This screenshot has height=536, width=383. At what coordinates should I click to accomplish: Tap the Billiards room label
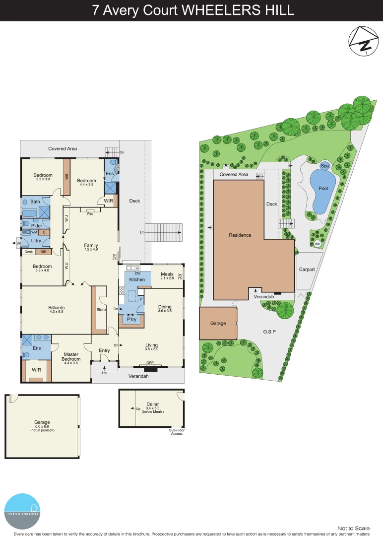tap(57, 308)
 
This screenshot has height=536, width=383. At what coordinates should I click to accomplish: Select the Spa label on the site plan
tap(325, 166)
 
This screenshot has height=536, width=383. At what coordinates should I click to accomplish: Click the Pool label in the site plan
tap(323, 189)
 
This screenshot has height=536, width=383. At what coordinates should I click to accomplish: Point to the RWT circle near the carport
tap(317, 243)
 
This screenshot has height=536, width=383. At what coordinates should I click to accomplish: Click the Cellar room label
tap(152, 404)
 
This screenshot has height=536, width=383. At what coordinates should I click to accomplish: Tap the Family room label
tap(91, 245)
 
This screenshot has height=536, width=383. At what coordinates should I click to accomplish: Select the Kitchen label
tap(137, 279)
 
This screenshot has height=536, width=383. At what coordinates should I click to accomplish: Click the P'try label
tap(131, 320)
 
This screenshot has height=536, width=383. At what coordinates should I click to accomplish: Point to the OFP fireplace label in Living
tap(150, 363)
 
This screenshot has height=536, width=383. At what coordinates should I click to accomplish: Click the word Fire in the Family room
tap(90, 214)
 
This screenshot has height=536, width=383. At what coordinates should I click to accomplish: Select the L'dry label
tap(36, 241)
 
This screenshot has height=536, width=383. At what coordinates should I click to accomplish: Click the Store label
tap(101, 310)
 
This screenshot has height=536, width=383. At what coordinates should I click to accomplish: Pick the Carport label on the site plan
tap(307, 269)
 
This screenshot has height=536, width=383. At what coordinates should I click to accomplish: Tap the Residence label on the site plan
tap(241, 235)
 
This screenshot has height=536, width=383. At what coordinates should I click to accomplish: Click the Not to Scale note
tap(353, 528)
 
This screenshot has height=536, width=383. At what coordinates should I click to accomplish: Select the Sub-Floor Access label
tap(176, 432)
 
